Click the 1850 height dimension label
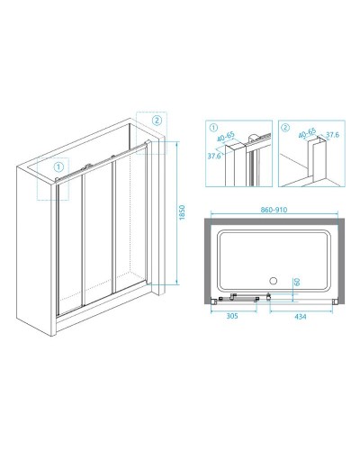183,212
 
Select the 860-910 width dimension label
274,210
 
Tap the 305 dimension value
232,316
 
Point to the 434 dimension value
301,316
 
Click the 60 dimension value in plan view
297,282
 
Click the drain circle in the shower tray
273,281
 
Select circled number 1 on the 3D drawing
58,166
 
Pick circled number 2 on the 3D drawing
157,121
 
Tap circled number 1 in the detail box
213,128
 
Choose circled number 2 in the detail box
286,128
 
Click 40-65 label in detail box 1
227,137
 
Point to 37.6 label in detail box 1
214,156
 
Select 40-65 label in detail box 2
307,133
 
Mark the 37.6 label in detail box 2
332,135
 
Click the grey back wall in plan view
274,221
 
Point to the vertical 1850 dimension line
177,213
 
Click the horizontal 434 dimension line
301,310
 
